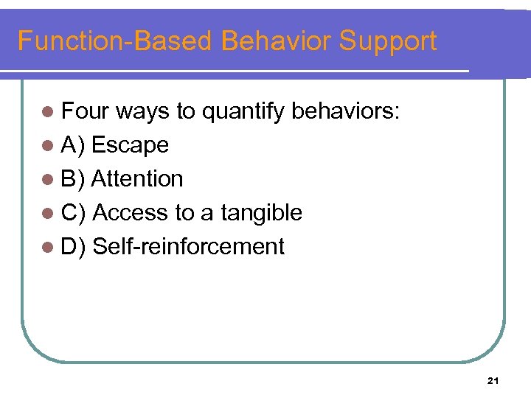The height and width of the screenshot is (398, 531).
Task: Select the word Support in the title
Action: click(x=388, y=41)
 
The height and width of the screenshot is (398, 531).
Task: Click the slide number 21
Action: click(x=493, y=380)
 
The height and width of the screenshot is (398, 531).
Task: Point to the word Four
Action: click(x=85, y=111)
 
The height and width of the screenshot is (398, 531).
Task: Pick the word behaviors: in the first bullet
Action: click(x=346, y=111)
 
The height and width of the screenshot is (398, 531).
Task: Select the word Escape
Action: click(x=131, y=145)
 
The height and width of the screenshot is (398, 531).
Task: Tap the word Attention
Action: click(x=137, y=178)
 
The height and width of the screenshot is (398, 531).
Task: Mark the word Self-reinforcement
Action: click(x=189, y=246)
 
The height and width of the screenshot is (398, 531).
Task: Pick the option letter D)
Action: click(x=74, y=246)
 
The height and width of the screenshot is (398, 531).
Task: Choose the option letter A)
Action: click(x=74, y=145)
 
